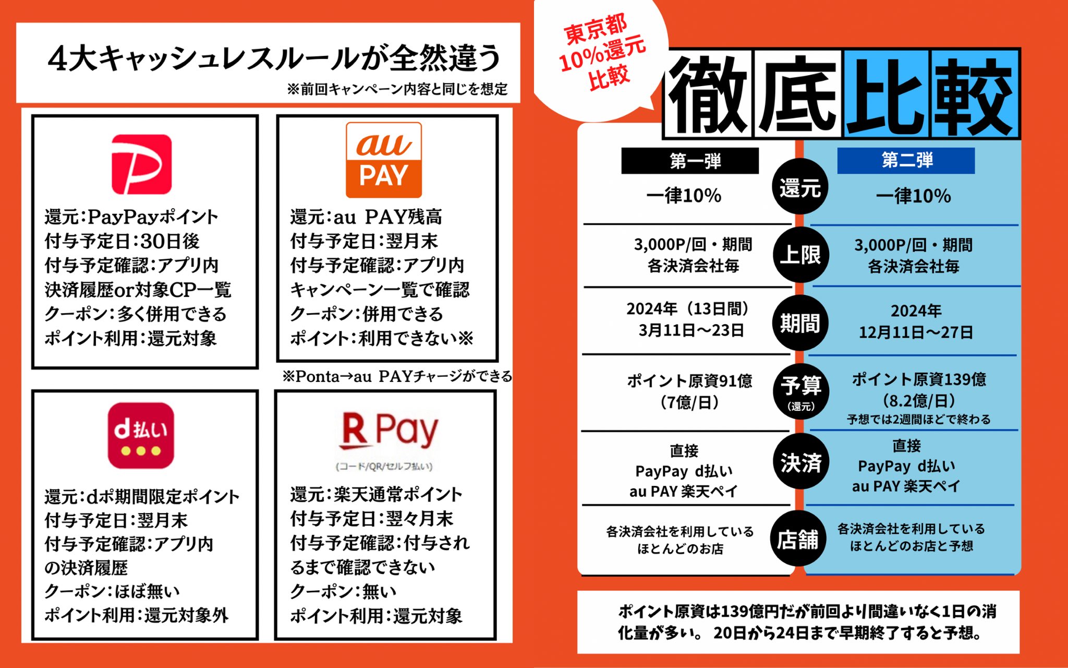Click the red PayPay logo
point(141,164)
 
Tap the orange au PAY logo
point(384,160)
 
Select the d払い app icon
point(141,435)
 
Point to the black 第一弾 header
point(690,161)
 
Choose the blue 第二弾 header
point(906,160)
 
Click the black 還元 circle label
point(800,187)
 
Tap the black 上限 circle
point(800,255)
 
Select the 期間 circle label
point(800,323)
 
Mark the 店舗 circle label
point(798,540)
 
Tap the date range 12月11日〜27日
point(916,332)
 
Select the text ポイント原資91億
point(689,381)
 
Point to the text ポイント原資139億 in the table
point(919,379)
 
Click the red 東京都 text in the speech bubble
point(595,30)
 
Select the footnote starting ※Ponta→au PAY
point(397,376)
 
